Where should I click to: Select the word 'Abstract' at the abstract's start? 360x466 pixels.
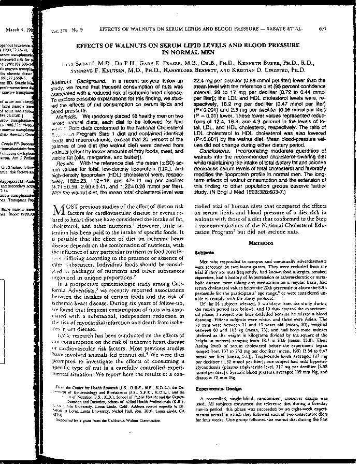point(64,82)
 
